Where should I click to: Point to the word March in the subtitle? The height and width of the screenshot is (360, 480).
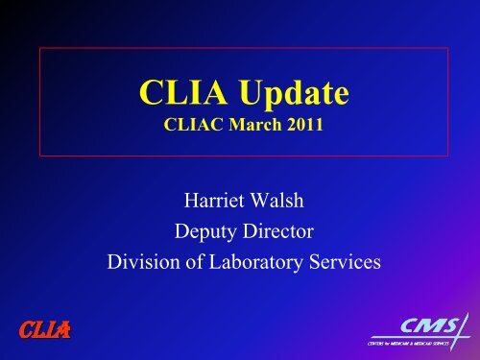coord(251,125)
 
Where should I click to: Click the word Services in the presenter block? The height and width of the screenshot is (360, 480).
coord(341,260)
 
